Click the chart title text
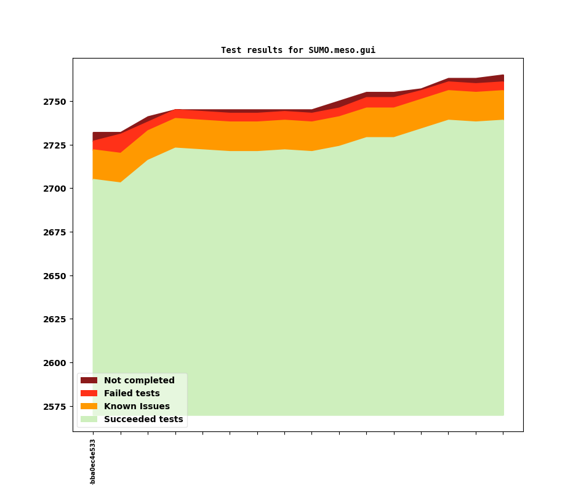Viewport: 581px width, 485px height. point(298,51)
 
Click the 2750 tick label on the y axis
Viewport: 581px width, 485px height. point(56,102)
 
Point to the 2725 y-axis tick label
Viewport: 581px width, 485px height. point(56,145)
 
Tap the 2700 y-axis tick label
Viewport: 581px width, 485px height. point(56,189)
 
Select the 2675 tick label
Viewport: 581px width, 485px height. point(56,232)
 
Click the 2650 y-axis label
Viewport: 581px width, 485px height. point(56,276)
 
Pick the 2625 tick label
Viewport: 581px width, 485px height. point(56,319)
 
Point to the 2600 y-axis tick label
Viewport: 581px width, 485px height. point(56,363)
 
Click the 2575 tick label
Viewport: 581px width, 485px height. point(56,407)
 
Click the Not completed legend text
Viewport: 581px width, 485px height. point(139,381)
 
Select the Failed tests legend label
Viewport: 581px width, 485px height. point(132,394)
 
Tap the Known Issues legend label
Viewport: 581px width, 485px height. point(137,407)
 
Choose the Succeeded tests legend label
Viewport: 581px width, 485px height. point(143,420)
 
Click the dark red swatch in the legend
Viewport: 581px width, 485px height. point(89,381)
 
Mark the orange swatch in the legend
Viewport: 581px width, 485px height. point(89,407)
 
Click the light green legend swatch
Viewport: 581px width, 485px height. point(89,420)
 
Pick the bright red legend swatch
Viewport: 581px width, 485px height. point(89,394)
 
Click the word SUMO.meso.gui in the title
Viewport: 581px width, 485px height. point(342,51)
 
